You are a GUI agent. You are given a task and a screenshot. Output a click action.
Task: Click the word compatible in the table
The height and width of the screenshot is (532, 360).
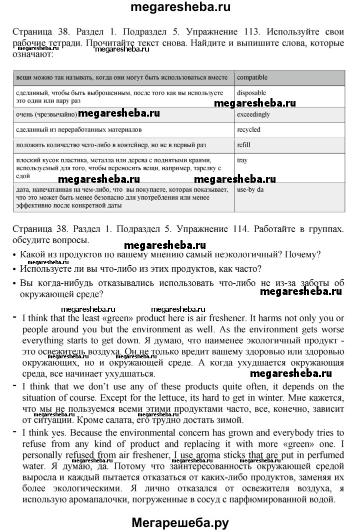tap(252, 78)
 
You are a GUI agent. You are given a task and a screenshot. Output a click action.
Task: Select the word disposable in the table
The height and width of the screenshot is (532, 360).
tap(251, 93)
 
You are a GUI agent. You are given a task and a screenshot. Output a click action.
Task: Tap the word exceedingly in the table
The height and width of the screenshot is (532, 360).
tap(253, 114)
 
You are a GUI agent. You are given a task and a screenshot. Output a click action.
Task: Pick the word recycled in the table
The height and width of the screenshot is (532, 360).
tap(248, 130)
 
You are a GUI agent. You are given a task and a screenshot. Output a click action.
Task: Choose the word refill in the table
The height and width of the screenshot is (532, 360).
tap(243, 145)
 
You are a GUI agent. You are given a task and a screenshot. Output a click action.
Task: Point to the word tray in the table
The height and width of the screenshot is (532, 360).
tap(242, 161)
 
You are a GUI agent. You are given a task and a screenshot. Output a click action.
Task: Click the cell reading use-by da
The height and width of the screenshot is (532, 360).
tap(250, 190)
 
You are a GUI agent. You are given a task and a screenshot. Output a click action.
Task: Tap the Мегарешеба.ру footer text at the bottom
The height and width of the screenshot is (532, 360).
tap(180, 522)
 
